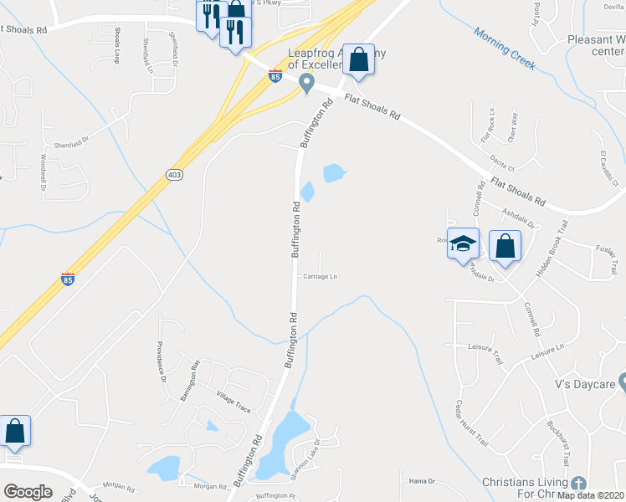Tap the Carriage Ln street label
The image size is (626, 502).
[x=319, y=276]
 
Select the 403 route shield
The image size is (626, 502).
[x=174, y=174]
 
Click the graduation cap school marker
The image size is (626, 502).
[x=463, y=243]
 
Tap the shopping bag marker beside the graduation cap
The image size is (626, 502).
[x=505, y=245]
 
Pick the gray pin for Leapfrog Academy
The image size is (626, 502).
[x=306, y=83]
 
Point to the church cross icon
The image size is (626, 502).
[x=577, y=483]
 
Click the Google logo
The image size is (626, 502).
[x=28, y=492]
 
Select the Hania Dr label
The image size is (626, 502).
[x=422, y=481]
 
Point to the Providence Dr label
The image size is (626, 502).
[x=162, y=362]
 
